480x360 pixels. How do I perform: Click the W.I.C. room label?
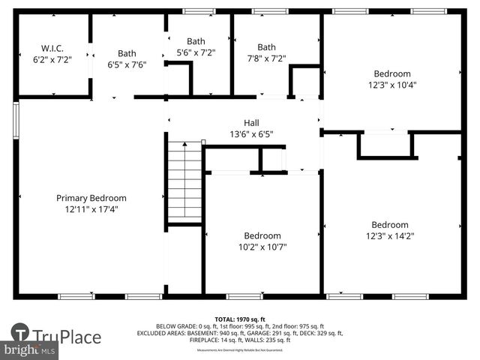pyautogui.click(x=51, y=46)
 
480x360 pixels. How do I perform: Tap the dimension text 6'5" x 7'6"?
pyautogui.click(x=126, y=64)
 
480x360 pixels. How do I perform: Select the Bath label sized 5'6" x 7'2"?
pyautogui.click(x=196, y=42)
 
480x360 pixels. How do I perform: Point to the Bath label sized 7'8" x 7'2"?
pyautogui.click(x=266, y=46)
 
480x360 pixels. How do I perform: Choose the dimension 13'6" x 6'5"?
pyautogui.click(x=251, y=135)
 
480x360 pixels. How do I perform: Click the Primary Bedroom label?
pyautogui.click(x=91, y=198)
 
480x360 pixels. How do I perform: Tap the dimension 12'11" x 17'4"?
pyautogui.click(x=91, y=209)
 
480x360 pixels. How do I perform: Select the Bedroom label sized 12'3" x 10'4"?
pyautogui.click(x=393, y=73)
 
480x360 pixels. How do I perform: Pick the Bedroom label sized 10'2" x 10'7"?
pyautogui.click(x=262, y=235)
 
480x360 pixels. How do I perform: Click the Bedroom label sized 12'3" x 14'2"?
pyautogui.click(x=390, y=224)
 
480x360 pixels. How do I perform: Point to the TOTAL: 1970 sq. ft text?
pyautogui.click(x=241, y=319)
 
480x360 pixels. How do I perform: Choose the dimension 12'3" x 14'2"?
pyautogui.click(x=390, y=235)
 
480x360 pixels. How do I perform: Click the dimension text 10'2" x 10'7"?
pyautogui.click(x=262, y=247)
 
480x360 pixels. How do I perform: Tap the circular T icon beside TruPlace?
pyautogui.click(x=19, y=334)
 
